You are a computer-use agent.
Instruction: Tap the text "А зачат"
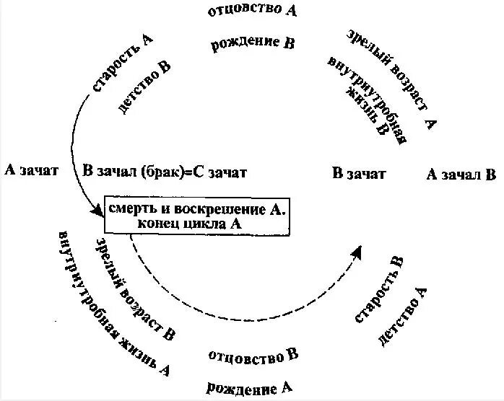coord(31,170)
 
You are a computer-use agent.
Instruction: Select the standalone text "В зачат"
coord(359,173)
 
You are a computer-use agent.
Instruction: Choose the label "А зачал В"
coord(461,174)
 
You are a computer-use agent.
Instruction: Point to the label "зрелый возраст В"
coord(136,288)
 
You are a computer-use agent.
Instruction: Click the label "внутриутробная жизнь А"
coord(113,303)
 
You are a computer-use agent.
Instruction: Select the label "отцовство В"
coord(253,355)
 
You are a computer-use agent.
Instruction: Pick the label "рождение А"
coord(249,388)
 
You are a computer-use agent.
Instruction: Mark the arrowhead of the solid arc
coord(99,211)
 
